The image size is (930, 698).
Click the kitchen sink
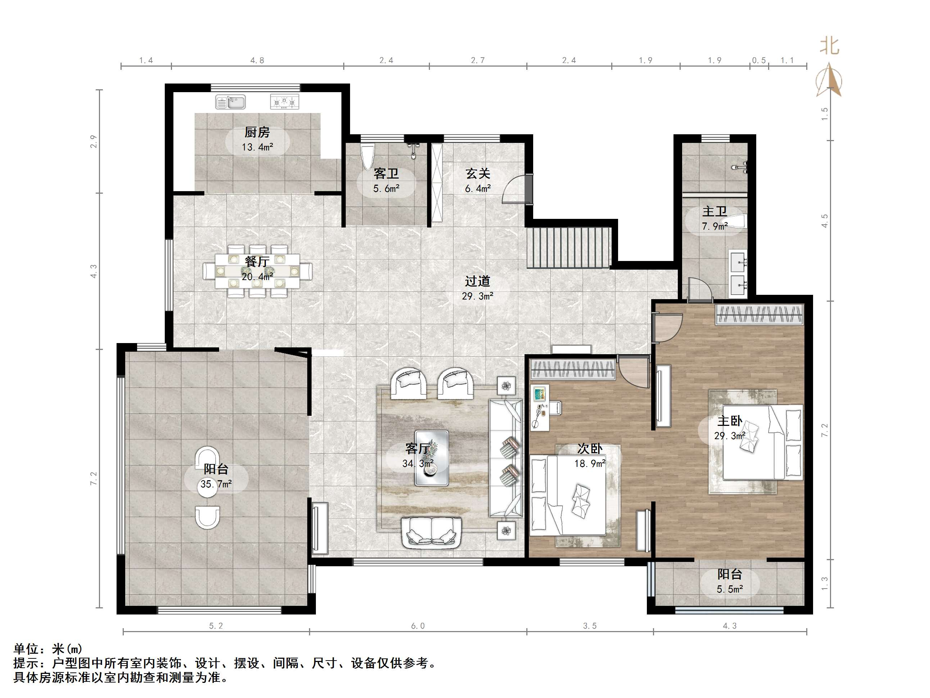click(230, 102)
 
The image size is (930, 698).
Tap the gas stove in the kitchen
click(285, 102)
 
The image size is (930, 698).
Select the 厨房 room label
click(257, 132)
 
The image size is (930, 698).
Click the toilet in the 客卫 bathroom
click(367, 157)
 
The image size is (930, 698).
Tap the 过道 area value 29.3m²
click(478, 296)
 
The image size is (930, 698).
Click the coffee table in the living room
click(431, 458)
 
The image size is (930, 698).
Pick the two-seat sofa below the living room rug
click(431, 533)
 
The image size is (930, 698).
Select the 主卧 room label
click(730, 421)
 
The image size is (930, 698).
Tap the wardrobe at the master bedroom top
click(760, 315)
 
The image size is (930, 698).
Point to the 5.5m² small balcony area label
click(730, 589)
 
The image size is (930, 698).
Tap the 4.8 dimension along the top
click(257, 60)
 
